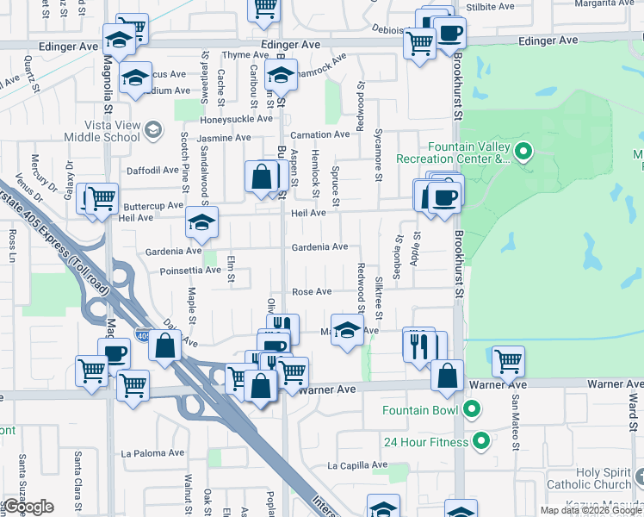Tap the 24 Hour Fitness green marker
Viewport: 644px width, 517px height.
tap(481, 443)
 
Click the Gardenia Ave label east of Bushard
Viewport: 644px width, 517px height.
tap(319, 247)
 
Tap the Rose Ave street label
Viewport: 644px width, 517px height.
tap(312, 292)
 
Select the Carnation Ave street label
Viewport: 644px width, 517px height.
tap(320, 134)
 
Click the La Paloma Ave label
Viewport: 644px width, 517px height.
tap(153, 452)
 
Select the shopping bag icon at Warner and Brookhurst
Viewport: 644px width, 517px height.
tap(447, 376)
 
